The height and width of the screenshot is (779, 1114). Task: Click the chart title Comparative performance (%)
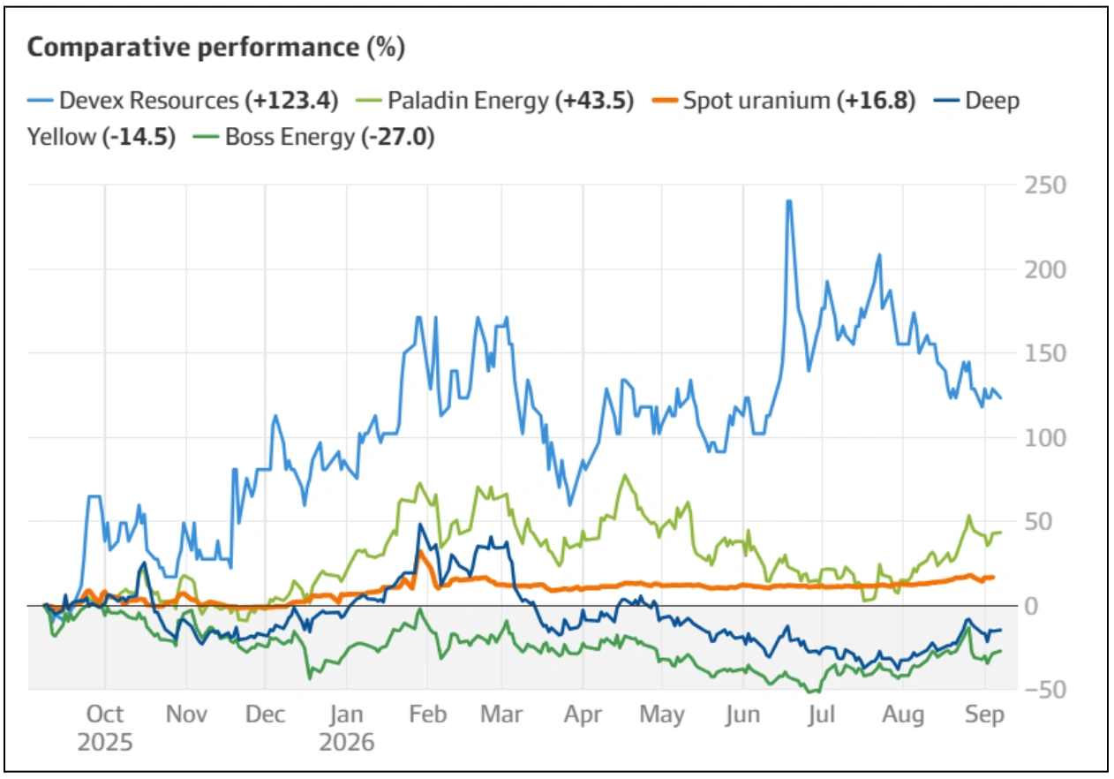(216, 49)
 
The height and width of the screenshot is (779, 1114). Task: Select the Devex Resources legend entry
(183, 101)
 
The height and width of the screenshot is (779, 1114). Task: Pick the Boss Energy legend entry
(313, 137)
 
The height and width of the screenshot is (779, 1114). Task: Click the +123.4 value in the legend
(292, 101)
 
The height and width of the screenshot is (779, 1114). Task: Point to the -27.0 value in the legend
(398, 137)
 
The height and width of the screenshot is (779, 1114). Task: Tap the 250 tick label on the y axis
(1045, 185)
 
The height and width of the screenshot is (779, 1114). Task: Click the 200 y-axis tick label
(1045, 270)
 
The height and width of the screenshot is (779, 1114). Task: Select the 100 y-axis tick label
(1045, 438)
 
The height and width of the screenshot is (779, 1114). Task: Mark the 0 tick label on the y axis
(1031, 607)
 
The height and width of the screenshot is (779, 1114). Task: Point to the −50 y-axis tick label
(1045, 690)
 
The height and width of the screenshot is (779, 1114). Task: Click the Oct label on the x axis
(105, 715)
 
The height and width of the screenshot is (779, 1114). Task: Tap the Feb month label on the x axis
(428, 715)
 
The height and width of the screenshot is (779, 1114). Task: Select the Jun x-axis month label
(742, 715)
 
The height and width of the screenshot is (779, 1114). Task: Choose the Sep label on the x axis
(985, 715)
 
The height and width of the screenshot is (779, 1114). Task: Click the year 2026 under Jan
(347, 743)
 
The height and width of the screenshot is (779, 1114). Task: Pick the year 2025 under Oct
(105, 743)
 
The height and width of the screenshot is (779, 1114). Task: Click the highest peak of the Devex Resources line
(789, 200)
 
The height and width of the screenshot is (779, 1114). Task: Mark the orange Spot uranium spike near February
(421, 552)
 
